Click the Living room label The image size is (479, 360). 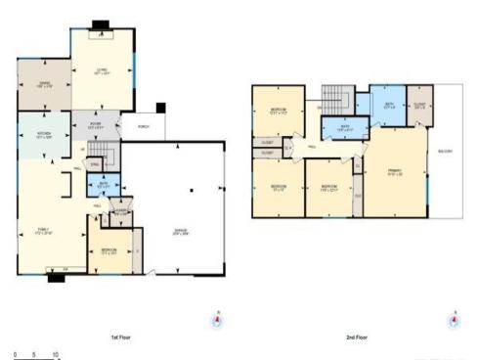coord(101,68)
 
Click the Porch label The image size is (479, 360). coord(143,126)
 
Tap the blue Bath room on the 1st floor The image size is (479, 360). coord(105,184)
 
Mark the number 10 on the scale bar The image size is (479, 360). coord(56,354)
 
